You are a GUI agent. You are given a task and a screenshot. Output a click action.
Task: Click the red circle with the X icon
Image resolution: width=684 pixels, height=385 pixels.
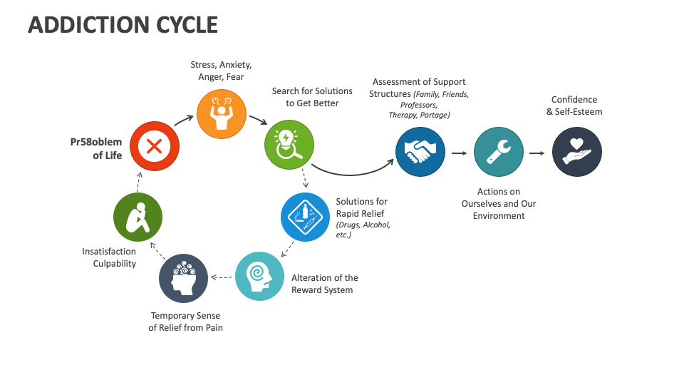click(x=154, y=147)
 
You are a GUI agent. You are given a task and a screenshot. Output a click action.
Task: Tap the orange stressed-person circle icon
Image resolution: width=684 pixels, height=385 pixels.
click(x=220, y=112)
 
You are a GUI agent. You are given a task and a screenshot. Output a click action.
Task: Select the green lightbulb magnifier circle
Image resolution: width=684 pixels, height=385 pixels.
click(x=289, y=142)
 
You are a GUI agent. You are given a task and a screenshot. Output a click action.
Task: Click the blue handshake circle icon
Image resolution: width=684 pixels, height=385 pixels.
click(x=420, y=152)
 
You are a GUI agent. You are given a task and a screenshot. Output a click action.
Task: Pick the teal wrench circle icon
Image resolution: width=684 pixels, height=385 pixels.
click(x=498, y=152)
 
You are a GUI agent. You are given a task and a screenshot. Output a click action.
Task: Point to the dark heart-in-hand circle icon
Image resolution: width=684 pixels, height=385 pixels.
click(x=577, y=152)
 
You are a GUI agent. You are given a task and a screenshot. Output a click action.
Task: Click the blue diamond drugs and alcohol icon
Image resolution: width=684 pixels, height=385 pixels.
click(x=305, y=217)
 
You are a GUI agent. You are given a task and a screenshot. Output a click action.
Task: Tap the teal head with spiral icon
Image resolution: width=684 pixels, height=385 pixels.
click(x=259, y=277)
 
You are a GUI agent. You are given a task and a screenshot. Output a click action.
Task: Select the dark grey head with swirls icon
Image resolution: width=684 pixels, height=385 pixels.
click(x=184, y=278)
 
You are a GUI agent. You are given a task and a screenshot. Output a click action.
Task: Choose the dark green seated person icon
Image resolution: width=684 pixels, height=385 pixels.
click(x=138, y=217)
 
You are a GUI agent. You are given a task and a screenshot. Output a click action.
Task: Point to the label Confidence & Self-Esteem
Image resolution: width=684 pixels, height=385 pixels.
click(x=574, y=106)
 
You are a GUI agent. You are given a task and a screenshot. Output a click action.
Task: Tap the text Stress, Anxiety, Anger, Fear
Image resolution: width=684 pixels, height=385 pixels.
click(x=220, y=71)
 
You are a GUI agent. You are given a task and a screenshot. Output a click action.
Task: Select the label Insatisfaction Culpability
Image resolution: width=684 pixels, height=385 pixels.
click(x=109, y=257)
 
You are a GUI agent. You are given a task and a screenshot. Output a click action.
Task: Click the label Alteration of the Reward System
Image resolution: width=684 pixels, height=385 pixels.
click(x=325, y=284)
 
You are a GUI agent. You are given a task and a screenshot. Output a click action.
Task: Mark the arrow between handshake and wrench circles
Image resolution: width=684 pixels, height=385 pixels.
click(x=460, y=153)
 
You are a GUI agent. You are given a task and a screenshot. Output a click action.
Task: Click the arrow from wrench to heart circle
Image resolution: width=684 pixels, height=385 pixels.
click(x=538, y=153)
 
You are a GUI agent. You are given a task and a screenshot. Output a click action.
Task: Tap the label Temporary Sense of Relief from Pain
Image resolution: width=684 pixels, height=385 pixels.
click(x=185, y=322)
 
